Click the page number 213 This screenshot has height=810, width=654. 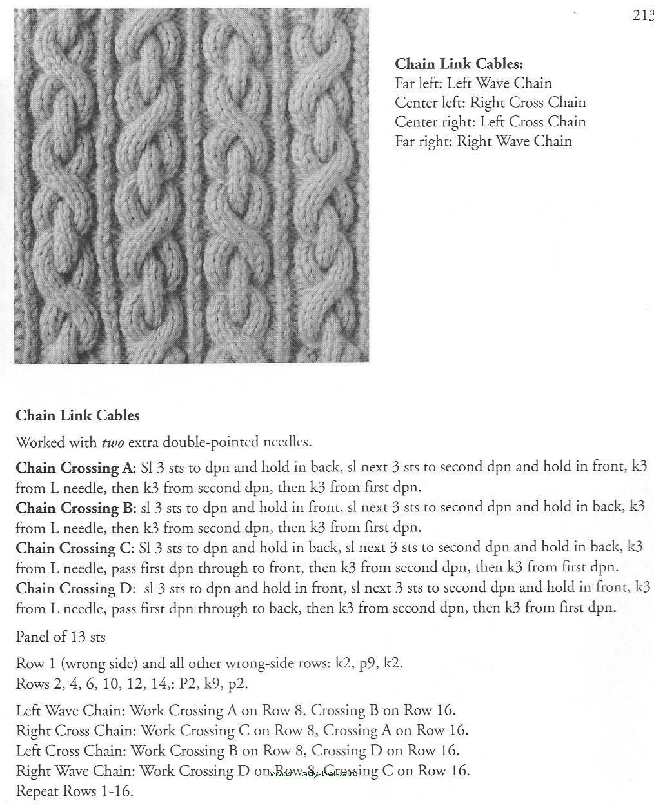point(642,15)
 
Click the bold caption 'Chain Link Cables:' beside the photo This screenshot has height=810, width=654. point(459,64)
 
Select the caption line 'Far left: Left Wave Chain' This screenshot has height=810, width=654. point(473,83)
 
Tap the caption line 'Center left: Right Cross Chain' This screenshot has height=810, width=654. point(490,103)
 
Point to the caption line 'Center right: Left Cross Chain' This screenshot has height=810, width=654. point(490,122)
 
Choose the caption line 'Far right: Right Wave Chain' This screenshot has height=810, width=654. point(483,141)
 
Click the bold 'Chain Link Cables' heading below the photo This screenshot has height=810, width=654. point(77,415)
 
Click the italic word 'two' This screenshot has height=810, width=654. point(113,442)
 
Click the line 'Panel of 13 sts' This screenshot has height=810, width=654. point(61,637)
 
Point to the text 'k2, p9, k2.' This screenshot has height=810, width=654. point(369,662)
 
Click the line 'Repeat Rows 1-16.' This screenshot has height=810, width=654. point(74,791)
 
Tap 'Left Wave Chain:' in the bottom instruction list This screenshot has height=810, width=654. point(71,711)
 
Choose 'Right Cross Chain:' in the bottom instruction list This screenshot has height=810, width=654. point(76,731)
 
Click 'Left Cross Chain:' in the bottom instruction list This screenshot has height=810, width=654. point(72,751)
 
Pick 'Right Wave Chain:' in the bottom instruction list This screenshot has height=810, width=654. point(75,771)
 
